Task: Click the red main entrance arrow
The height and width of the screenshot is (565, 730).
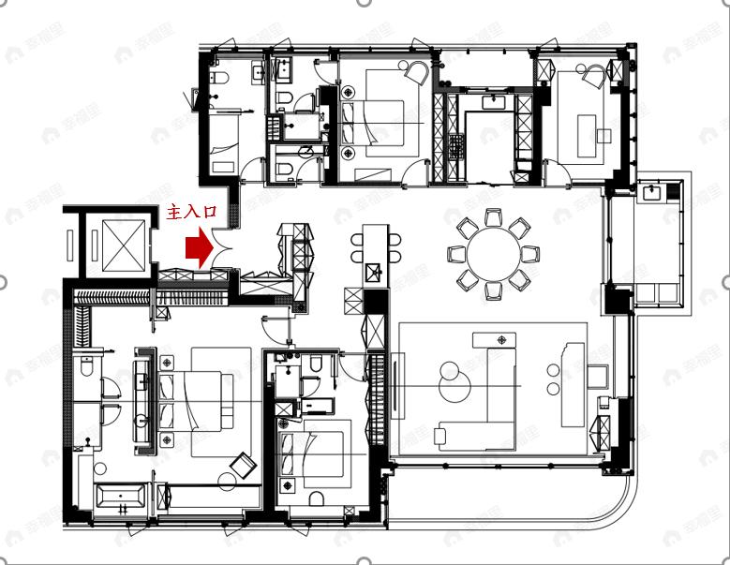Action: [x=197, y=246]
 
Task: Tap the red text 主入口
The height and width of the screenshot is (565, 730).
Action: [x=191, y=213]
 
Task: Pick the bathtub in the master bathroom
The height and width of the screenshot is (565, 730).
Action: [x=122, y=499]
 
